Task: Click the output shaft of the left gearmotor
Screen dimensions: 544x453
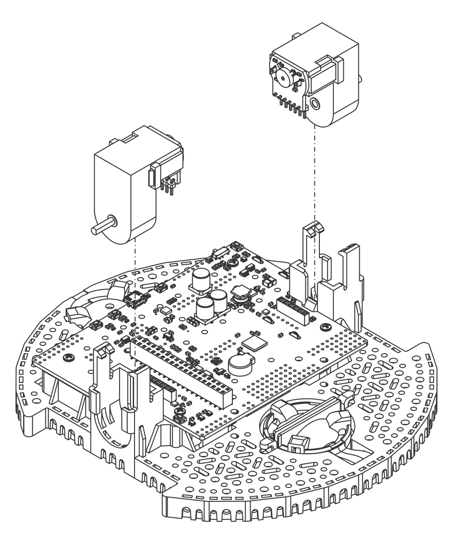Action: coord(101,227)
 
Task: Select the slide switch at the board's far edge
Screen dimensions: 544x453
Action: coord(222,252)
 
